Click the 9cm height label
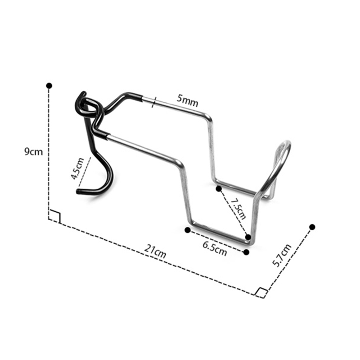coord(33,152)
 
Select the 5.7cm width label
coord(282,255)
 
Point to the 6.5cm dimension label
coord(214,248)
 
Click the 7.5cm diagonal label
coord(238,209)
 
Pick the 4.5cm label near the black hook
coord(77,169)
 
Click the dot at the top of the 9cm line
coord(49,86)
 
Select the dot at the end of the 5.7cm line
coord(312,227)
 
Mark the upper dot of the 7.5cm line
coord(219,189)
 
